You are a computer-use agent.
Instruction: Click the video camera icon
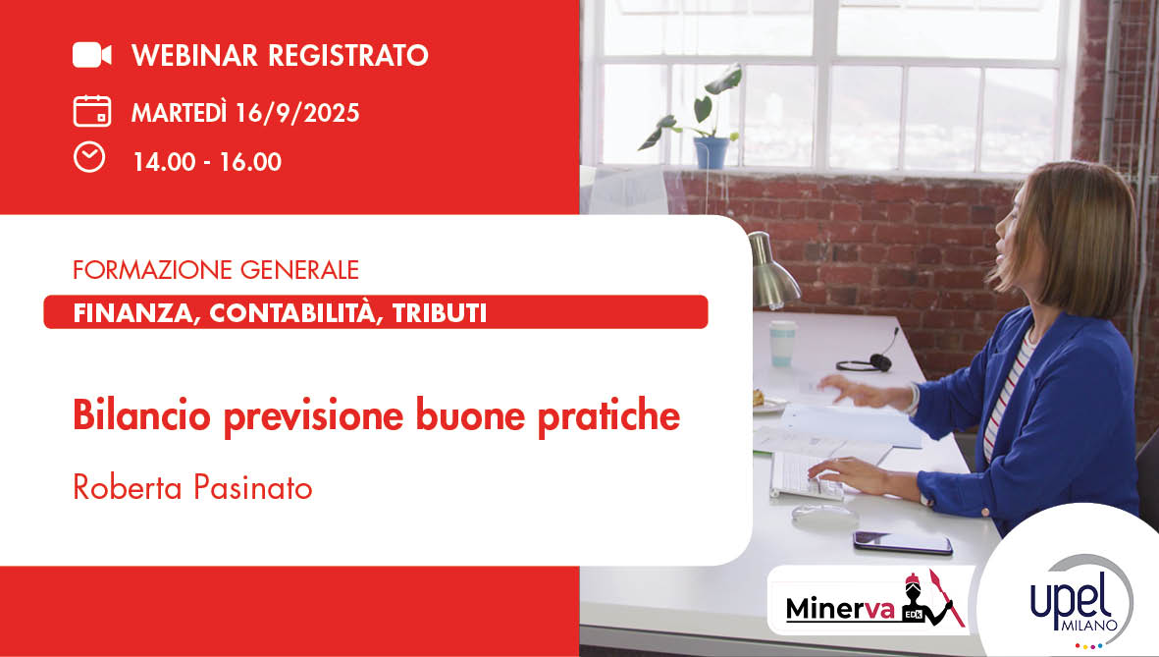coord(91,55)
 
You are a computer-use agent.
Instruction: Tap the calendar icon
coord(91,110)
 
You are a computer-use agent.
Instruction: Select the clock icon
coord(89,157)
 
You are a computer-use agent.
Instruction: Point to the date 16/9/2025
coord(297,113)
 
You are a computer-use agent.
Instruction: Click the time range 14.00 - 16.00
coord(207,162)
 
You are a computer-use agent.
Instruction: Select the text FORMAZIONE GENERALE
coord(216,268)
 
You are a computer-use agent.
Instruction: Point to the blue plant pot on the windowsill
coord(711,152)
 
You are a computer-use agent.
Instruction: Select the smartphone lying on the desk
coord(902,541)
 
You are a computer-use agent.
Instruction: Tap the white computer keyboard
coord(806,475)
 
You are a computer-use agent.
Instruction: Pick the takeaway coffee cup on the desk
coord(782,343)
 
